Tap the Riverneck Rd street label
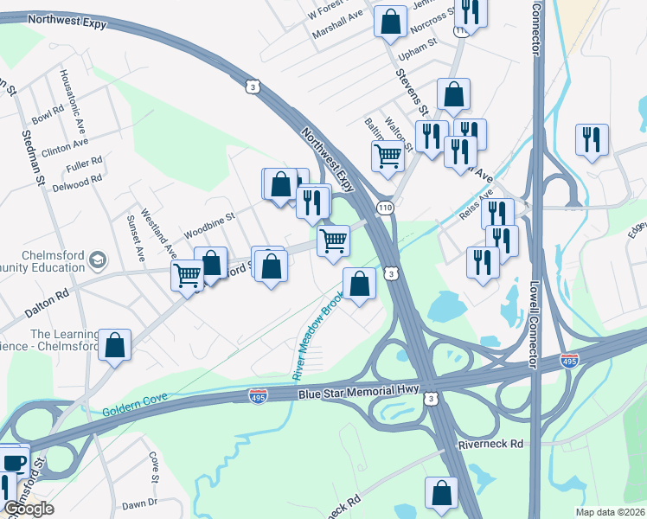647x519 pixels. point(490,444)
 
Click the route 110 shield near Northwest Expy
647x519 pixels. point(385,208)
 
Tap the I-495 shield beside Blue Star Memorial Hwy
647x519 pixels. point(258,396)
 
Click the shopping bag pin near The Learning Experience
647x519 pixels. point(114,345)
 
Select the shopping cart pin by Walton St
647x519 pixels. point(388,157)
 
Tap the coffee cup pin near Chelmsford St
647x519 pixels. point(13,462)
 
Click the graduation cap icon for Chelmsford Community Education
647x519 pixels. point(98,259)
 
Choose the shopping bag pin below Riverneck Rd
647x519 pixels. point(441,493)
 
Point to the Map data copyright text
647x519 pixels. point(609,512)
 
